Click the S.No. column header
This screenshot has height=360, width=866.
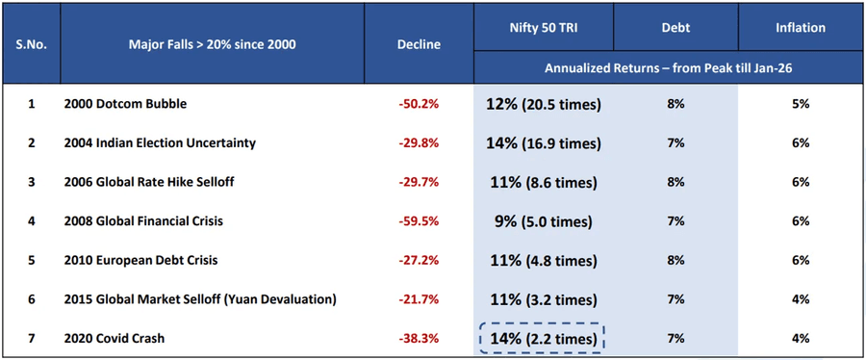click(x=31, y=44)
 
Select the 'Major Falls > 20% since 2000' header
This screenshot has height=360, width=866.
click(x=214, y=44)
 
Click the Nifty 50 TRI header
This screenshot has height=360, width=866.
click(x=543, y=28)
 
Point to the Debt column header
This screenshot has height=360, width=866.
click(x=675, y=28)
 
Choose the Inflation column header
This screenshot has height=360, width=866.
click(x=801, y=28)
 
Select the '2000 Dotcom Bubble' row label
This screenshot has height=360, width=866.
click(x=125, y=104)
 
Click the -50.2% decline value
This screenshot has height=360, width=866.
click(x=418, y=104)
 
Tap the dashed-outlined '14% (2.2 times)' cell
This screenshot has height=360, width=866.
click(x=543, y=339)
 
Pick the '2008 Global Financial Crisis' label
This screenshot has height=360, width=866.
click(x=143, y=221)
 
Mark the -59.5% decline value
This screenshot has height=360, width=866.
click(x=418, y=221)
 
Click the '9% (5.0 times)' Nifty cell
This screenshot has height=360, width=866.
click(x=543, y=221)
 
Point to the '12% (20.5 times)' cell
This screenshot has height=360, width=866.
click(x=543, y=104)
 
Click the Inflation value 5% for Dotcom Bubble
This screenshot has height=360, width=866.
click(x=801, y=104)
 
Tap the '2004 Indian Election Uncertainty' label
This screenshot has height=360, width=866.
click(x=160, y=143)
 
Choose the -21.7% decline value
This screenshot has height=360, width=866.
click(x=418, y=299)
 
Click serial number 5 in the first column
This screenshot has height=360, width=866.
click(x=31, y=260)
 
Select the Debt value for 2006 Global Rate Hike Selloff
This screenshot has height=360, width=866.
click(x=675, y=182)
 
